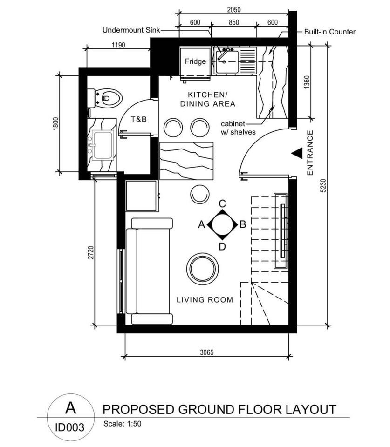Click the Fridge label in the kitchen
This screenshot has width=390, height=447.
pos(195,61)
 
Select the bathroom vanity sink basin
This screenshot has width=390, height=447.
pos(103,145)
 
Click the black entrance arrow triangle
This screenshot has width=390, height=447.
pos(297,153)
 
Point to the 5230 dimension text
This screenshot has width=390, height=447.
pos(323,186)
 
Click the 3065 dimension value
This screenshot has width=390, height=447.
pos(206,352)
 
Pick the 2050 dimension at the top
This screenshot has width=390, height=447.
pos(234,10)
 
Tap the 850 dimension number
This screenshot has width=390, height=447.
pos(233,22)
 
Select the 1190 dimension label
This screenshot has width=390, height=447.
pos(118,45)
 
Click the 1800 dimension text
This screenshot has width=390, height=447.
pos(55,124)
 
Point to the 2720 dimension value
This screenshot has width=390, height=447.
pos(91,252)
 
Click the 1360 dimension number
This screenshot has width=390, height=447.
pos(307,82)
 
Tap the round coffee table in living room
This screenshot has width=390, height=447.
pos(203,269)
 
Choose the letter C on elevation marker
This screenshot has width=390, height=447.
pos(223,203)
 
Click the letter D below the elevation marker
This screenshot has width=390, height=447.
pos(223,247)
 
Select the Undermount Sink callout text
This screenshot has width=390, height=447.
pos(131,30)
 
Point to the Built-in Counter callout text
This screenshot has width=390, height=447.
pos(330,32)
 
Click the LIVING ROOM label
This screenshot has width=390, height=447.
pos(205,299)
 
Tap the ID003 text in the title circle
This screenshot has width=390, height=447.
pos(70,427)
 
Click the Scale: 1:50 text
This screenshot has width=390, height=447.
pos(123,424)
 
